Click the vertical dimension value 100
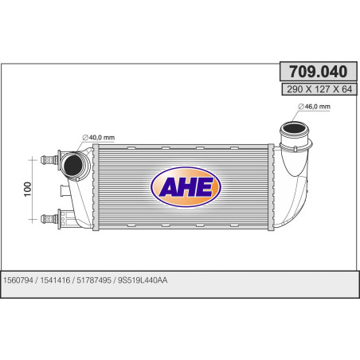(x=29, y=189)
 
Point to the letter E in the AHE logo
(x=199, y=188)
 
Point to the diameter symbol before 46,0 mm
(x=302, y=107)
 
